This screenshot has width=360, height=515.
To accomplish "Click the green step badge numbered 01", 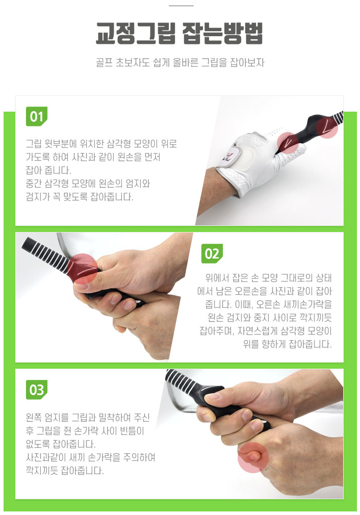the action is click(x=37, y=116).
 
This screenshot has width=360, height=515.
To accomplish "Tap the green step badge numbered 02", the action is click(x=212, y=253).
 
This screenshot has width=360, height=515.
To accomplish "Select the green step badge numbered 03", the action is click(x=37, y=390).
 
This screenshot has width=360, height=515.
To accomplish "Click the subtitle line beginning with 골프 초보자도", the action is click(x=180, y=62).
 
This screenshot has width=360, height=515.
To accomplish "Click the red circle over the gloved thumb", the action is click(x=288, y=143).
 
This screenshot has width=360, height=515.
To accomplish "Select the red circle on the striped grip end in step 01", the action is click(x=327, y=127).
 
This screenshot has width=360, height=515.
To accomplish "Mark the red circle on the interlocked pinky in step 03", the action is click(x=253, y=457).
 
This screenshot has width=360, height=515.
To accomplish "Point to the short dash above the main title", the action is click(x=181, y=6).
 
